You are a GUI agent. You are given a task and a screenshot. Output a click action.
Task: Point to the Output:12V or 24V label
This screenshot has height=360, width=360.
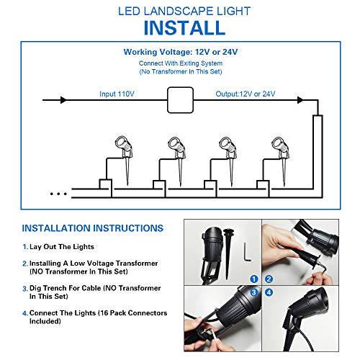pos(245,94)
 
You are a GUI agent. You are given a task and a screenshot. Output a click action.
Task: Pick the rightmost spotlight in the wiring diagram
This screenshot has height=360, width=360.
pos(277,149)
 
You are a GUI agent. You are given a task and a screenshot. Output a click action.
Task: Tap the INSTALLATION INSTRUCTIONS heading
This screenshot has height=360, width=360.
pos(92,228)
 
